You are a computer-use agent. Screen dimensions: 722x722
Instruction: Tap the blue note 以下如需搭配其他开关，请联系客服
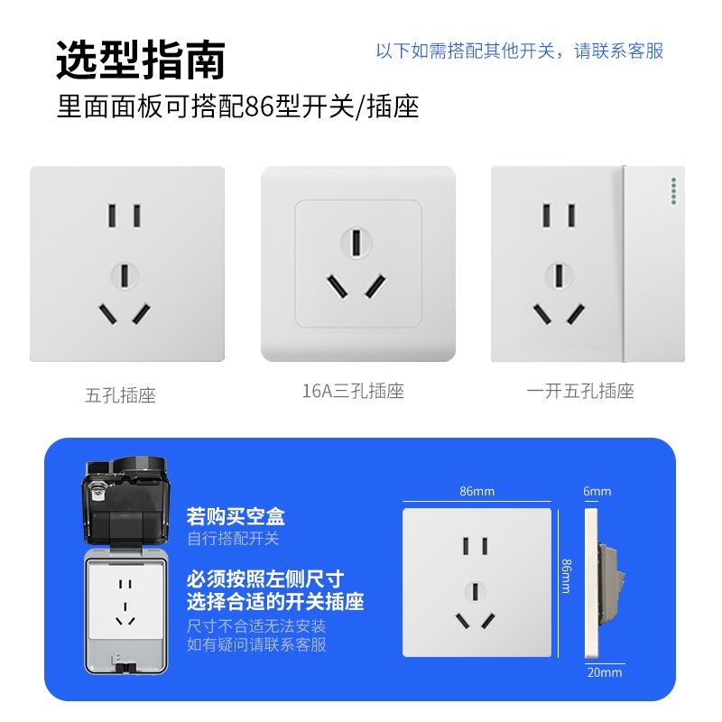519,51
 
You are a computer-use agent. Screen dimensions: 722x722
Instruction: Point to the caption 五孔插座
120,394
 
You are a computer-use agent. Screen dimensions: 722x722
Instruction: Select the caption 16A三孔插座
353,391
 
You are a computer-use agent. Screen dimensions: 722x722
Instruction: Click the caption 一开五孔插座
580,391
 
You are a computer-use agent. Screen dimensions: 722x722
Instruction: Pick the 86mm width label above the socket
477,492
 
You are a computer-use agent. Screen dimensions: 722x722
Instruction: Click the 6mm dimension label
597,492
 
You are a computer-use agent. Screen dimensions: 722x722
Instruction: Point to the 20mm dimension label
604,671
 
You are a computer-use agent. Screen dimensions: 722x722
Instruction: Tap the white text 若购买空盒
236,517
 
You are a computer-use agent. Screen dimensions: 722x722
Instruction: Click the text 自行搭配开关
233,539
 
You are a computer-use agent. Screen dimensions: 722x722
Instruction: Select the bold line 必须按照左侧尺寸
265,579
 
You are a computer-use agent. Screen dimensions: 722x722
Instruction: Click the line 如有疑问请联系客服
256,644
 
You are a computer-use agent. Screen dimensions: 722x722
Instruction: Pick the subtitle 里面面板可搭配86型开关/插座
237,107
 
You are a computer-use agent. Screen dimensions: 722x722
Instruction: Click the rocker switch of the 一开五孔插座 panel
648,262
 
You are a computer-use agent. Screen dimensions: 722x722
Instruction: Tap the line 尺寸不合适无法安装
256,625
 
